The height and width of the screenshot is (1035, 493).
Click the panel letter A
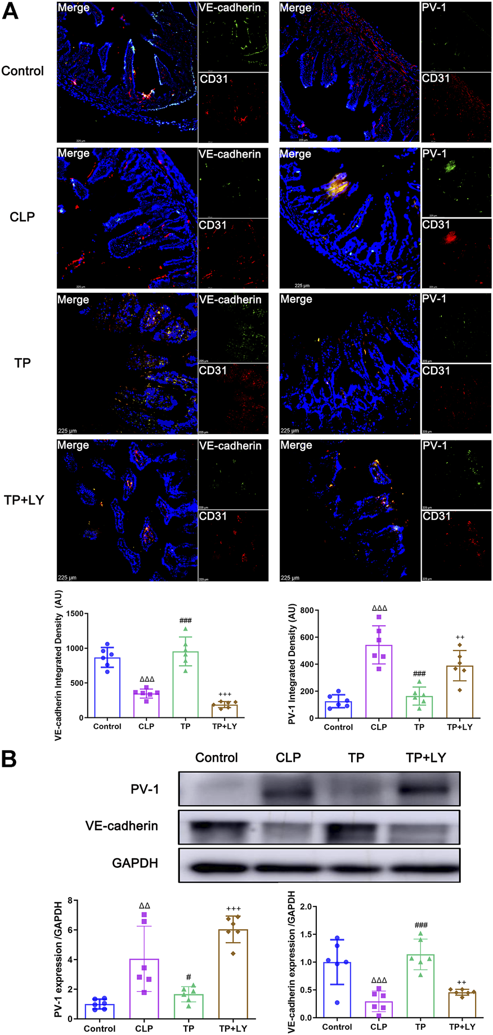pos(10,11)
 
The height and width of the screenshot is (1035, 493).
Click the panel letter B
pos(9,759)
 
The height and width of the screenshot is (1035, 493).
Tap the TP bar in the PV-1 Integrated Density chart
pos(419,707)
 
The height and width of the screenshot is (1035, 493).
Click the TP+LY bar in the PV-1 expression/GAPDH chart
pos(233,974)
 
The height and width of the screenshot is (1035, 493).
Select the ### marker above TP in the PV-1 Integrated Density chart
pos(419,673)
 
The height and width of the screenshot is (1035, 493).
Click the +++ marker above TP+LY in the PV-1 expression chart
pos(233,909)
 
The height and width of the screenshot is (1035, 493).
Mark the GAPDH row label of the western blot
pos(135,863)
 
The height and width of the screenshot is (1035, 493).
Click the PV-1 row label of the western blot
pos(145,789)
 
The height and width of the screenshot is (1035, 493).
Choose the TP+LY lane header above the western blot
pos(425,757)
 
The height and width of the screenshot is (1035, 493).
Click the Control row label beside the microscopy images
pos(23,71)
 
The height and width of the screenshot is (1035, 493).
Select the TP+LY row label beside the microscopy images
pos(24,500)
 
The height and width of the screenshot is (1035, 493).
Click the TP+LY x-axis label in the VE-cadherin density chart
pos(225,726)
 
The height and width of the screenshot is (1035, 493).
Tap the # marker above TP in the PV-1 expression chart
pos(189,977)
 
